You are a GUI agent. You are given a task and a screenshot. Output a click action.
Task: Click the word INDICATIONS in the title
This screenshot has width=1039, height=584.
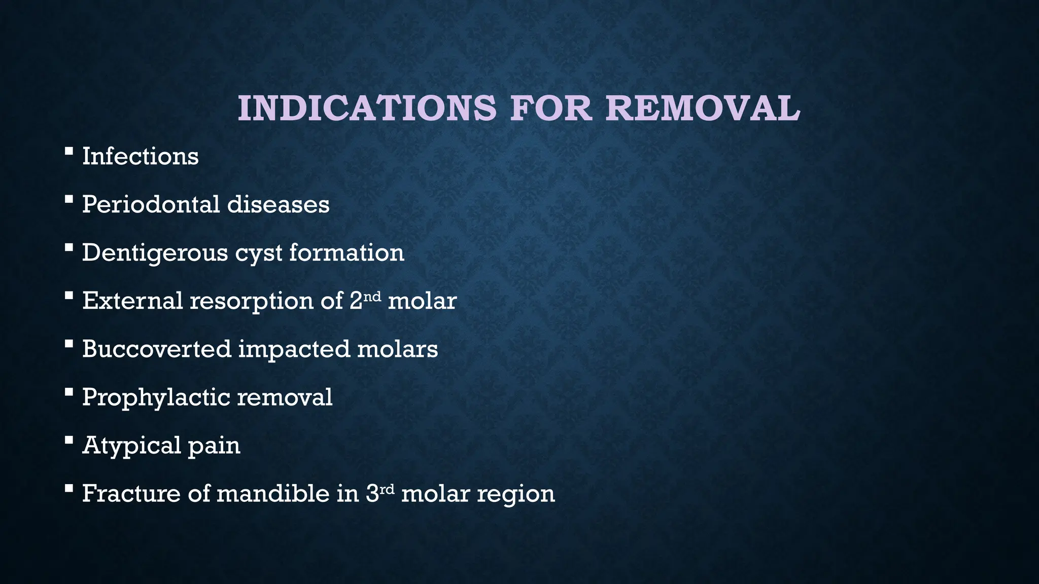367,108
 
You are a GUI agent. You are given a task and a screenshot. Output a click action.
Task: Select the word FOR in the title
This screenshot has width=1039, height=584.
551,108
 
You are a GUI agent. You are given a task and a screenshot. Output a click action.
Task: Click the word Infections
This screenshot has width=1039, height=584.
140,156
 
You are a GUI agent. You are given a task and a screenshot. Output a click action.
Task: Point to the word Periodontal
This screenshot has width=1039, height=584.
151,205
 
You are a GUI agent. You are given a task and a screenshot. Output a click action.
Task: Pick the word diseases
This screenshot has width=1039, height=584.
278,205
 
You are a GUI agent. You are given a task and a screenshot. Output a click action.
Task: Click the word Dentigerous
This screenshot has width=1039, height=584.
155,253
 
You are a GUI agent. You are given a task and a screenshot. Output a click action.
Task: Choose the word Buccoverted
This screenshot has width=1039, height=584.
157,349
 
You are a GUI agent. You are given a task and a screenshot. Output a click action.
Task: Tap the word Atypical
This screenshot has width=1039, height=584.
131,446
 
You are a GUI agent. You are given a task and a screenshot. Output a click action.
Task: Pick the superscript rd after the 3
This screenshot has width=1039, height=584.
387,488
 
